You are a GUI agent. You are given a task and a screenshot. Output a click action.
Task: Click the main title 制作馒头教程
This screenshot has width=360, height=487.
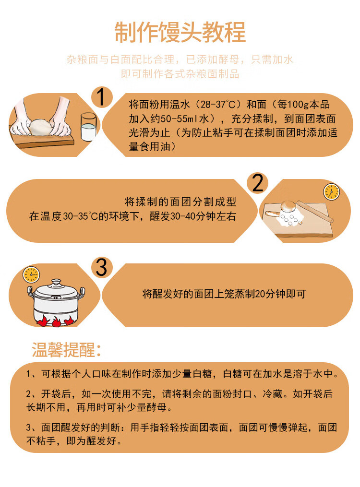(x=180, y=32)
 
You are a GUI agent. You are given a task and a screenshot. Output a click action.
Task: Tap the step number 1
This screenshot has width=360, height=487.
(x=101, y=97)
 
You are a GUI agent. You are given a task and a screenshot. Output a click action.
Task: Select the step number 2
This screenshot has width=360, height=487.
(x=257, y=183)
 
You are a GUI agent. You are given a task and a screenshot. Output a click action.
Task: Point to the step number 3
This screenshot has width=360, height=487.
(x=101, y=267)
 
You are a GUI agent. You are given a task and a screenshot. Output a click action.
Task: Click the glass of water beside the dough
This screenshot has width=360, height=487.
(x=88, y=127)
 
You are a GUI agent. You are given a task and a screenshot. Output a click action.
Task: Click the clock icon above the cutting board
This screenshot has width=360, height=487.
(x=331, y=192)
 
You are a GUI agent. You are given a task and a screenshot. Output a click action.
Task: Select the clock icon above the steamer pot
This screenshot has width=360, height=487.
(x=31, y=274)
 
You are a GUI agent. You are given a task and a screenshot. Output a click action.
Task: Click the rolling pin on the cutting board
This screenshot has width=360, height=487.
(x=315, y=211)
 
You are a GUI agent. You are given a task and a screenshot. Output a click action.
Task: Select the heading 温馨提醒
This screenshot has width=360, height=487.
(x=67, y=350)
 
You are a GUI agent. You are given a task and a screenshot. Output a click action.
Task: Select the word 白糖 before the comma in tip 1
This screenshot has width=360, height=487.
(x=209, y=374)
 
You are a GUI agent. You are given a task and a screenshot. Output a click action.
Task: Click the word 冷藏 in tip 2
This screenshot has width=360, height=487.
(x=273, y=394)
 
